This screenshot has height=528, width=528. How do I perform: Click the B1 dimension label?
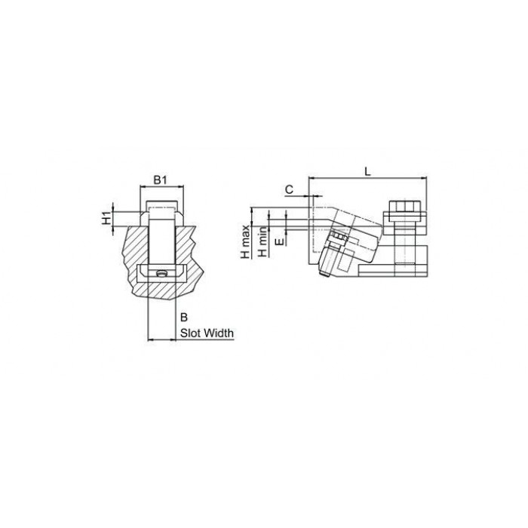160,180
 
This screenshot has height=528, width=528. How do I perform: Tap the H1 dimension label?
107,219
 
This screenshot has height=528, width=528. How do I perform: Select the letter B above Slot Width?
184,318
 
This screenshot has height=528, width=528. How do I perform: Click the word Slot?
192,333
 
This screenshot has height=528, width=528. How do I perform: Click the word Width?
219,333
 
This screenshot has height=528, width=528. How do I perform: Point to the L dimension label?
368,172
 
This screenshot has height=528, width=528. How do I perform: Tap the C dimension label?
289,190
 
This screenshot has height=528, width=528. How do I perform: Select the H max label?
245,242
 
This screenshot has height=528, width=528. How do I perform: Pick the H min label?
262,241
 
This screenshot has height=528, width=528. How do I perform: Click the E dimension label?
279,241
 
